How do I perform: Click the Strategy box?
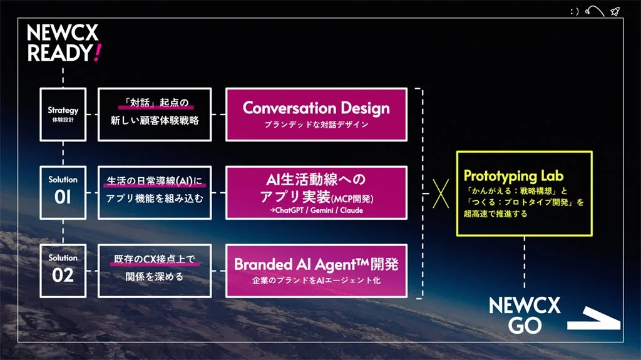point(63,114)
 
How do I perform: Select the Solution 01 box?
point(63,192)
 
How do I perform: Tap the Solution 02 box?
point(63,270)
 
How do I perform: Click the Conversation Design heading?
point(316,108)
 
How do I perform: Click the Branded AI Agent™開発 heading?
point(316,264)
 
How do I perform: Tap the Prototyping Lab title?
point(509,176)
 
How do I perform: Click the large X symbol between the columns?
point(441,192)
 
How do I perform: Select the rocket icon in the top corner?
point(615,11)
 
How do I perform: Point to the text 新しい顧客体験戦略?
point(155,120)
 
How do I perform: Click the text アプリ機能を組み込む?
point(155,198)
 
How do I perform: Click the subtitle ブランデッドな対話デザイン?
point(316,125)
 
